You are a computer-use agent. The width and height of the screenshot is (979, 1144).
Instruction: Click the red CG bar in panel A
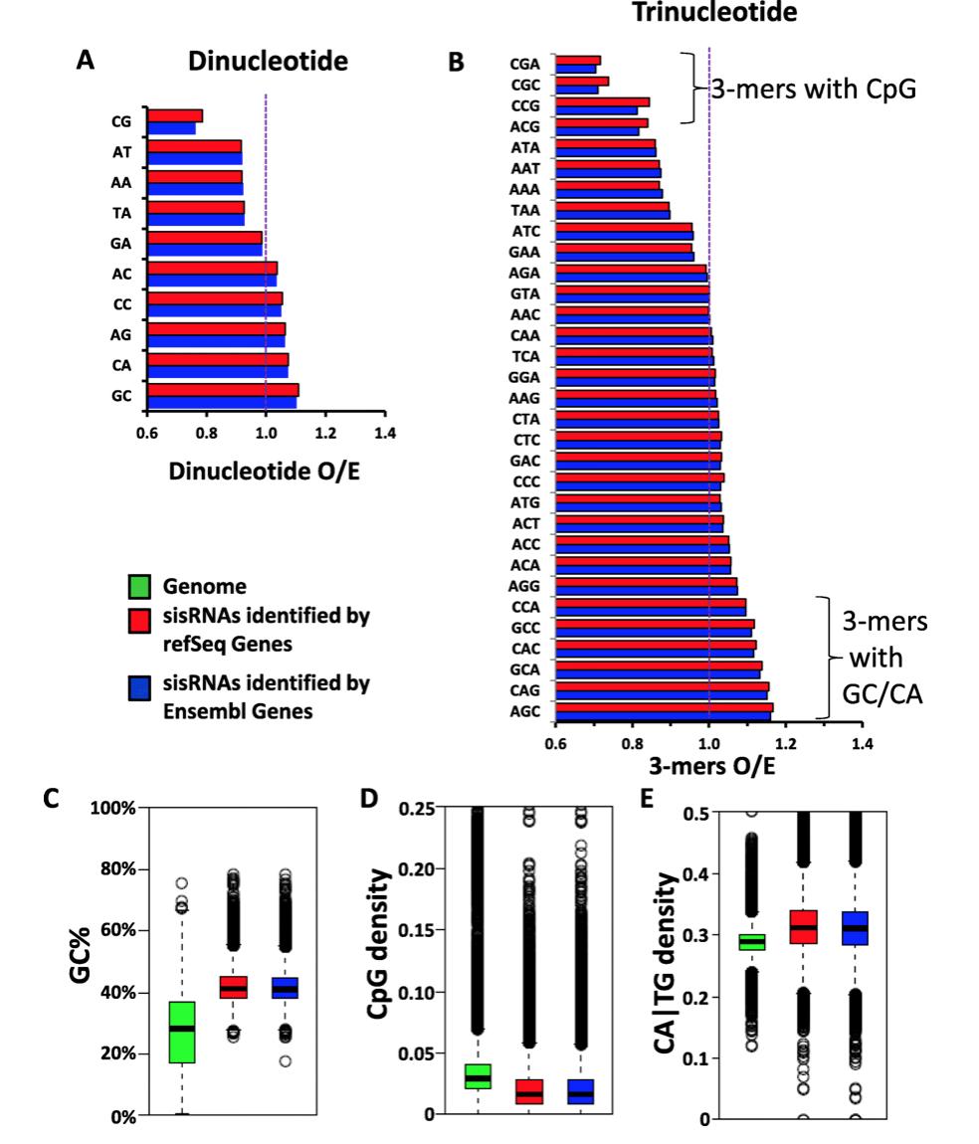(175, 116)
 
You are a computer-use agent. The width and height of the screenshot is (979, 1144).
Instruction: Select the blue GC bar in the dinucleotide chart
(221, 402)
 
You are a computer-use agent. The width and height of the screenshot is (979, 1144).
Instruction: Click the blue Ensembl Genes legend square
(139, 683)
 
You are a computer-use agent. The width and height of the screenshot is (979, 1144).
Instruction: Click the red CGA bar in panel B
(578, 60)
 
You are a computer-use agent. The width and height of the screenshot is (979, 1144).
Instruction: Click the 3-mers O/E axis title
(707, 766)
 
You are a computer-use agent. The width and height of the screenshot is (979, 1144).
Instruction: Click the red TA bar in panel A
(195, 207)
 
